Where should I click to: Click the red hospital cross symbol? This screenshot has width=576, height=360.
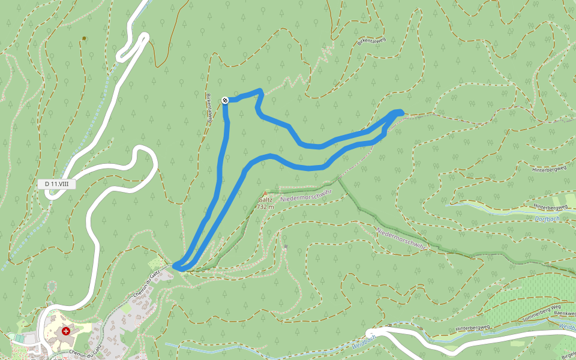(66, 331)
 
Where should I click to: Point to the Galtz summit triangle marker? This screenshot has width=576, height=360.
(263, 193)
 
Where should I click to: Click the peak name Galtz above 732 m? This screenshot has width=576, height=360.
(265, 200)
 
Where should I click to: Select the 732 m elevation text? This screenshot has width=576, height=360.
(265, 207)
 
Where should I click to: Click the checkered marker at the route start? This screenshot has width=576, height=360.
(225, 100)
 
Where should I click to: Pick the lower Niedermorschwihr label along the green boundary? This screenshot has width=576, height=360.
(401, 238)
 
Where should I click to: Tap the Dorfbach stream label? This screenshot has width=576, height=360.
(547, 218)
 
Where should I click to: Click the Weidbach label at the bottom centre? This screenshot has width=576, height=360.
(364, 346)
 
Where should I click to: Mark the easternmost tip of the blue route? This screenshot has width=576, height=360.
(401, 112)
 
